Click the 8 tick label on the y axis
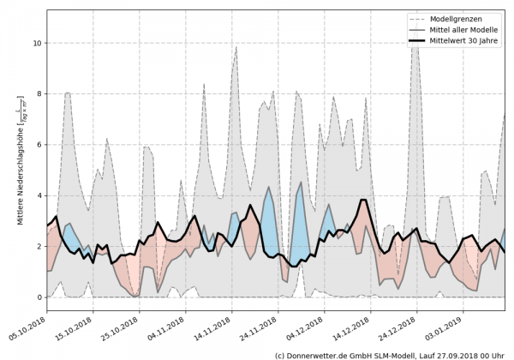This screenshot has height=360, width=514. [36, 93]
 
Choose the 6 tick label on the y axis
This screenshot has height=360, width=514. [36, 144]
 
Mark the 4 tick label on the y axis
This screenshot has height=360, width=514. [36, 195]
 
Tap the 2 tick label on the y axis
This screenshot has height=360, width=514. [36, 246]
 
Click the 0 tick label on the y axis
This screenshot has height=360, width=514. [36, 297]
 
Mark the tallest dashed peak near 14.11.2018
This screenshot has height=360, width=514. [236, 47]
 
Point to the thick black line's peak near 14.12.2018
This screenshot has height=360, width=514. [364, 200]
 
